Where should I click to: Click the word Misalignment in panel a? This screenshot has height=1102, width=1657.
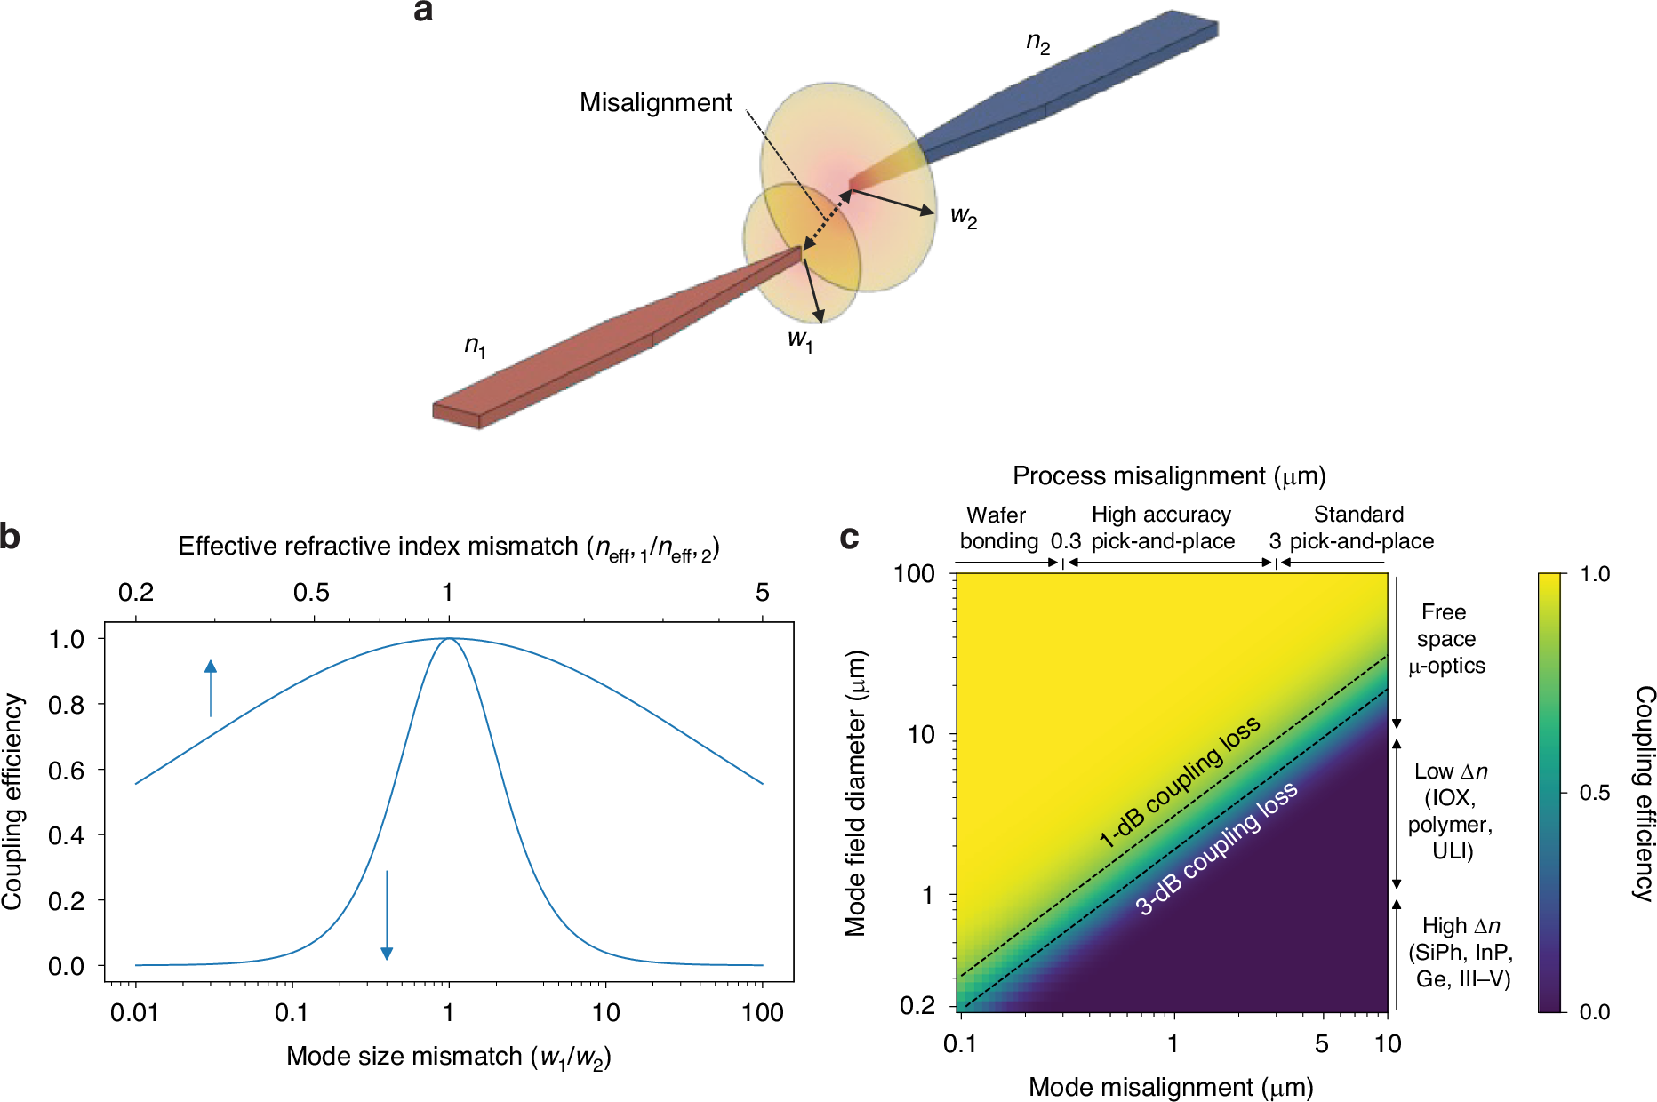coord(655,103)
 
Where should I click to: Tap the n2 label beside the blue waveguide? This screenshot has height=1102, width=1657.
coord(1037,43)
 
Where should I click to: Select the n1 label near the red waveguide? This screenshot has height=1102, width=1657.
coord(475,346)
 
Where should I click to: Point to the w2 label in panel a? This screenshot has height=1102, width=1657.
coord(964,216)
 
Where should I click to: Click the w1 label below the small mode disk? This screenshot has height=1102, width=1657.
coord(800,339)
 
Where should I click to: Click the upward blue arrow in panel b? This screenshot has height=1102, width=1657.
coord(211,688)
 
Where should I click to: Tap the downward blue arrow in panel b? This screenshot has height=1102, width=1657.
coord(387,915)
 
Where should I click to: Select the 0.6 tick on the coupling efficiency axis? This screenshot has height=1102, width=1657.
coord(67,771)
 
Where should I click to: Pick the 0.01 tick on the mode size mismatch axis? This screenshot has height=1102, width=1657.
coord(134,1012)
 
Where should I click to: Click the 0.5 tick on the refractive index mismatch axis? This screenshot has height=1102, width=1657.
coord(311,593)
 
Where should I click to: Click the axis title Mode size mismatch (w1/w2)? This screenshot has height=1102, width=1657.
coord(448,1057)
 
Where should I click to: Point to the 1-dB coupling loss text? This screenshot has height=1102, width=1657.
coord(1179,781)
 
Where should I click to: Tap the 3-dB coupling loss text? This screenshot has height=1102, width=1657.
coord(1216,849)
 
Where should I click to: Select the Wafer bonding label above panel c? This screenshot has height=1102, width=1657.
coord(997,528)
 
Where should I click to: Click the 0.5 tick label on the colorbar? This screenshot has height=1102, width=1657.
coord(1595,793)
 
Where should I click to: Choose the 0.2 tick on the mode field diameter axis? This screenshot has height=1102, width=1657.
coord(917,1006)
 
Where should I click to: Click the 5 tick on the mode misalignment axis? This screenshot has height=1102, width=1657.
coord(1322,1043)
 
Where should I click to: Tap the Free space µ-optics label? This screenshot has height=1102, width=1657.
coord(1446,639)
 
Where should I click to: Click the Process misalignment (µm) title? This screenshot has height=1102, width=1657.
coord(1168,476)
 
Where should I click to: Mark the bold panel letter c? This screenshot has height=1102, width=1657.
coord(849,538)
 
